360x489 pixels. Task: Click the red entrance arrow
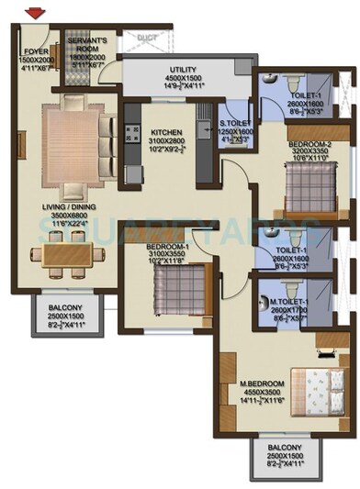(36, 13)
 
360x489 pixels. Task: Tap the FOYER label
(37, 52)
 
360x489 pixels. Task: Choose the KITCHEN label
(173, 132)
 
